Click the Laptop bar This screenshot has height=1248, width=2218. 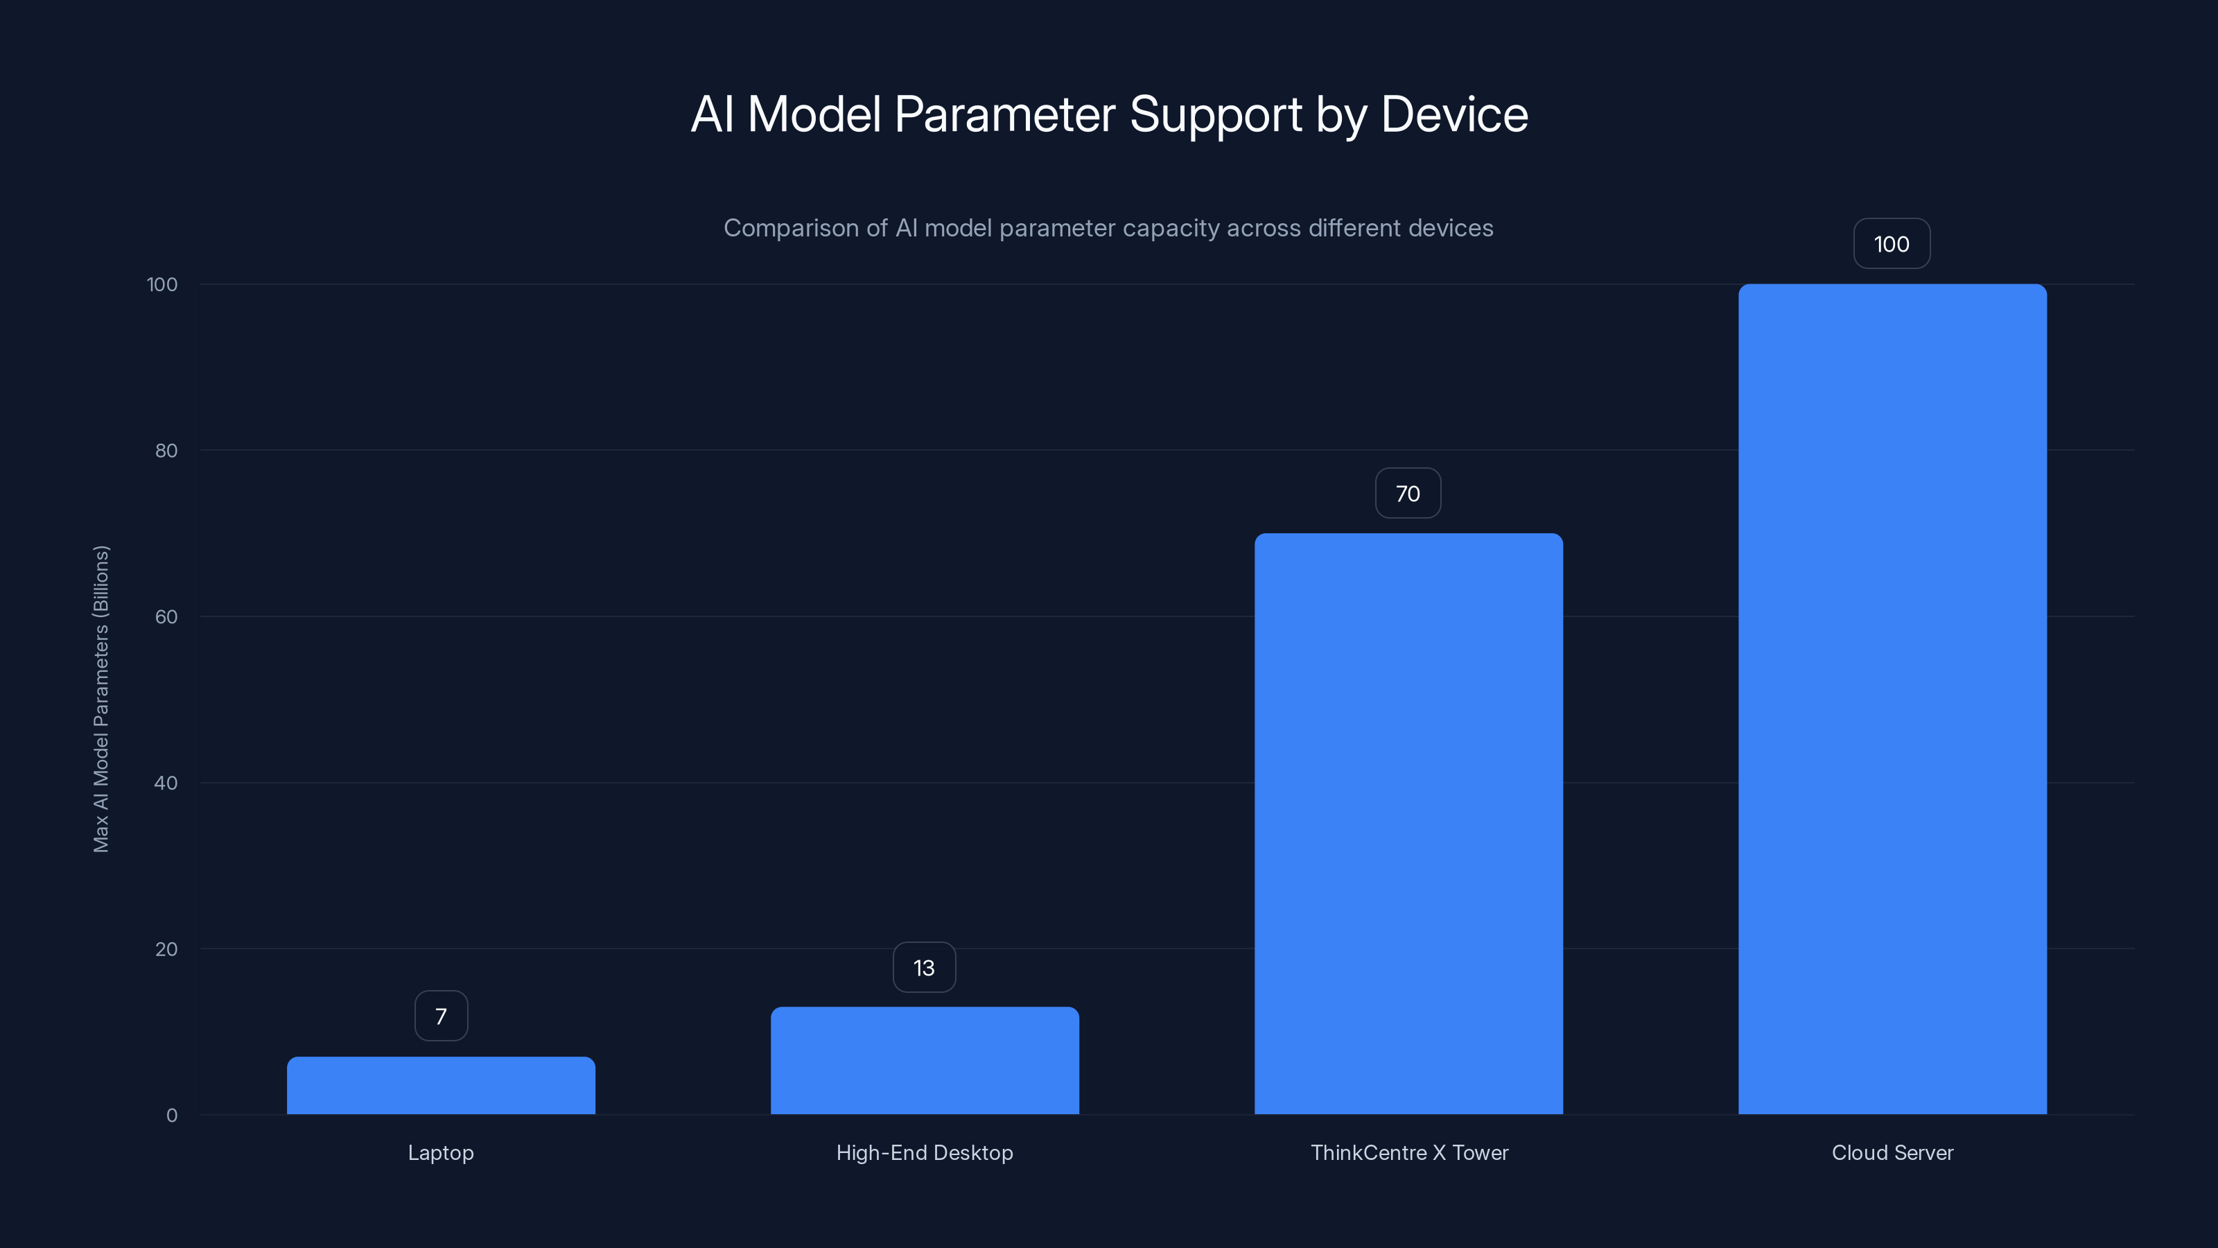pos(441,1085)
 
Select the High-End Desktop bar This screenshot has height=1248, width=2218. pos(925,1060)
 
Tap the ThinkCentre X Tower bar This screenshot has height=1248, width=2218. pos(1408,824)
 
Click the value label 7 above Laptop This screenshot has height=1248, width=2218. pos(441,1016)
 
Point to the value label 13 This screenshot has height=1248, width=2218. pos(924,968)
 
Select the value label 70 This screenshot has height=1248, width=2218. pos(1408,494)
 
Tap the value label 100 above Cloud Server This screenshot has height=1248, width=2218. pos(1892,244)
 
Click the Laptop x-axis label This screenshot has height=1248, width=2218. pos(441,1152)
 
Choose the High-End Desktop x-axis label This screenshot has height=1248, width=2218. pos(925,1152)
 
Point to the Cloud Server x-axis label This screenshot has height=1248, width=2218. pos(1892,1152)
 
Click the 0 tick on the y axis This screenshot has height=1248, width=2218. pos(172,1116)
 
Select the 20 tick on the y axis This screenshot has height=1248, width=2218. pos(166,949)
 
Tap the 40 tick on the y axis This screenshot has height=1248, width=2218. pos(166,783)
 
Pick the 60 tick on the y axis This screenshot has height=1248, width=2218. pos(166,616)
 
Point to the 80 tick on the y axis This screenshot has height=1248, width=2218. pos(166,451)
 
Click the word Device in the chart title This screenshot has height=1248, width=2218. pos(1454,114)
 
